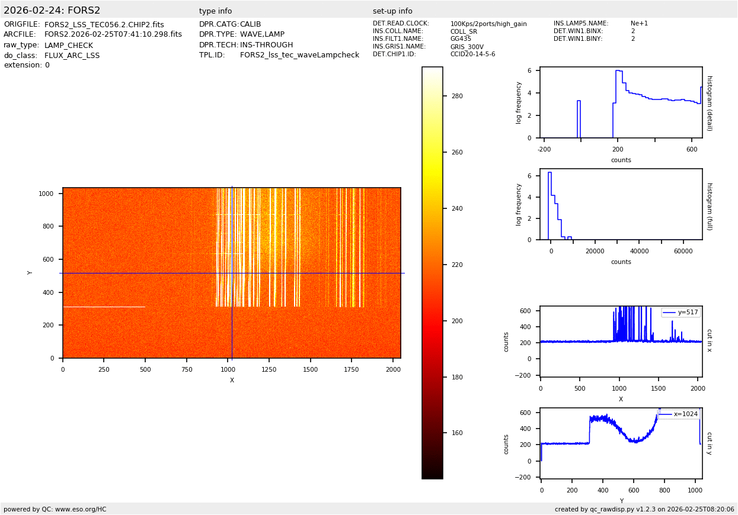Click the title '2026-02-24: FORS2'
(52, 11)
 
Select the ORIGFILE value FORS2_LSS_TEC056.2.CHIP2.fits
(104, 25)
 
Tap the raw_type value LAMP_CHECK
(69, 46)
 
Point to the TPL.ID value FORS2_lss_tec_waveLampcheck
(299, 55)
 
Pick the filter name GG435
(461, 39)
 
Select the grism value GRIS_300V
(467, 47)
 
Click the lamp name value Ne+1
(639, 24)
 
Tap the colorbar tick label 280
(457, 96)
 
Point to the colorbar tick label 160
(457, 433)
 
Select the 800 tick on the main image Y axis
(47, 227)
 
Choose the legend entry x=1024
(685, 414)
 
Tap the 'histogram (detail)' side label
(709, 102)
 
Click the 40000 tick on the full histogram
(639, 251)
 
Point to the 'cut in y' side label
(709, 443)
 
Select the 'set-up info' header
(392, 11)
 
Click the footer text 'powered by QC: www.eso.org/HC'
(55, 509)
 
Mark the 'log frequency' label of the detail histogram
(519, 102)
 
